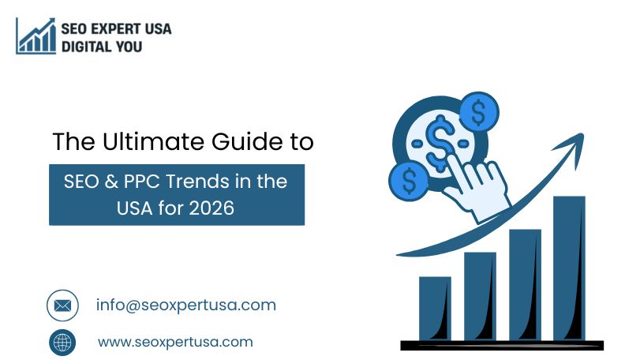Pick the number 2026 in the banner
(x=211, y=208)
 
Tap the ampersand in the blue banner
(x=111, y=182)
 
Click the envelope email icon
(x=62, y=306)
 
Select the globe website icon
(x=62, y=343)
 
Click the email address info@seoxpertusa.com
(x=186, y=306)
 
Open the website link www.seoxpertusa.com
(x=175, y=342)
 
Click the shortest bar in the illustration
(x=435, y=308)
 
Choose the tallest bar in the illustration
(x=570, y=268)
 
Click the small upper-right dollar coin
(x=479, y=112)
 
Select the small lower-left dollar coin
(x=409, y=181)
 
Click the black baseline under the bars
(x=502, y=345)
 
